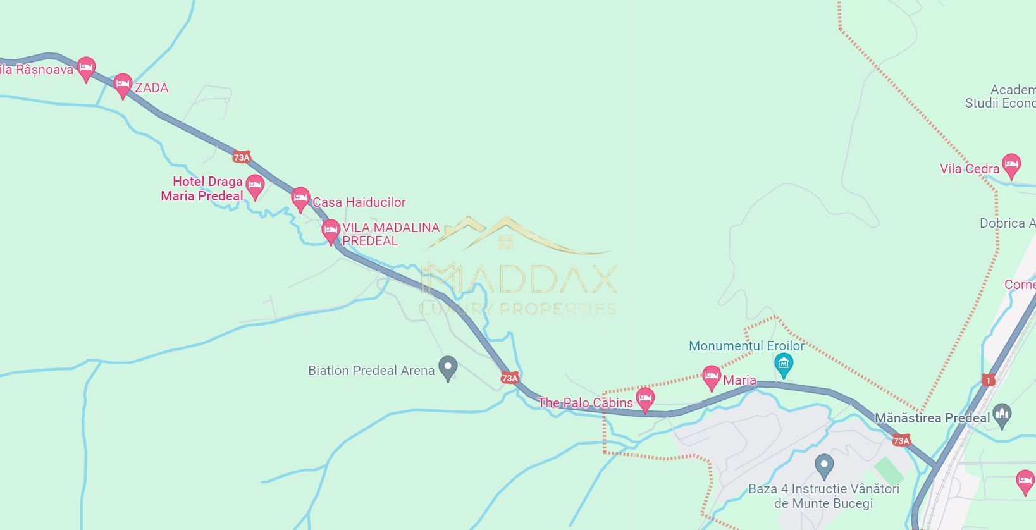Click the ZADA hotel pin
[123, 84]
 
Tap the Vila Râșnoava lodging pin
[86, 67]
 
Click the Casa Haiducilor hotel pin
[300, 198]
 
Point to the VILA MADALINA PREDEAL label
[390, 234]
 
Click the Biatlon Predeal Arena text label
[371, 371]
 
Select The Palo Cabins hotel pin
[644, 398]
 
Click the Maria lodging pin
[712, 376]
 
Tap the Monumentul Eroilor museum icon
[784, 364]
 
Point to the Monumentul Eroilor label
[746, 346]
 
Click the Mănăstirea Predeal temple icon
[1002, 414]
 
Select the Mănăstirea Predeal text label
[932, 418]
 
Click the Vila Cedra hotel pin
[1011, 164]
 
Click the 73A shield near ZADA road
[242, 157]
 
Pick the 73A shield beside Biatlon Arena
[510, 378]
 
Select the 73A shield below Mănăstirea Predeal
[901, 440]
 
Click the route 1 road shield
[989, 380]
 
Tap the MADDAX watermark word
[519, 279]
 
